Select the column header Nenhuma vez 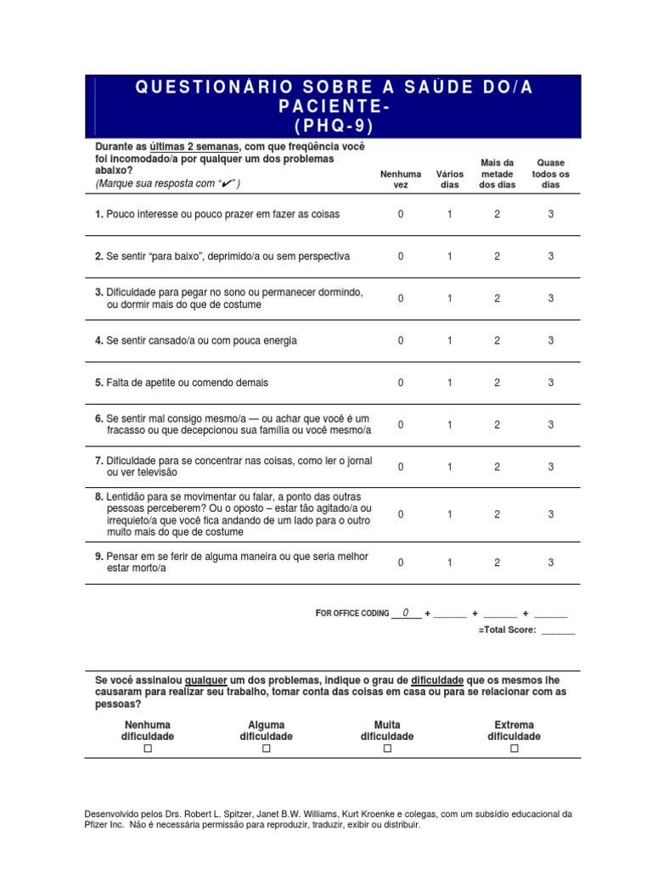pyautogui.click(x=401, y=179)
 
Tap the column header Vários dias pyautogui.click(x=450, y=179)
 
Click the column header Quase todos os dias pyautogui.click(x=550, y=173)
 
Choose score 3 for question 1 pyautogui.click(x=550, y=215)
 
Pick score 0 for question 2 pyautogui.click(x=401, y=256)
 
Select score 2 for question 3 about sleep pyautogui.click(x=497, y=298)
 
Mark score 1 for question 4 pyautogui.click(x=450, y=340)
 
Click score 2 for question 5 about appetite pyautogui.click(x=497, y=383)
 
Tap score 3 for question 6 pyautogui.click(x=550, y=424)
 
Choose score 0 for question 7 pyautogui.click(x=401, y=467)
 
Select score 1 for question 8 pyautogui.click(x=450, y=514)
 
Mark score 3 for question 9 pyautogui.click(x=550, y=562)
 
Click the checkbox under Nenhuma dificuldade pyautogui.click(x=148, y=748)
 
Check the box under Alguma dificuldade pyautogui.click(x=267, y=748)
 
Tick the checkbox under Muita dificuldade pyautogui.click(x=387, y=748)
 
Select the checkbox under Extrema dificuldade pyautogui.click(x=514, y=748)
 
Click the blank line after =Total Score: pyautogui.click(x=558, y=631)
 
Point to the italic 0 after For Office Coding pyautogui.click(x=406, y=613)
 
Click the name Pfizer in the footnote pyautogui.click(x=98, y=824)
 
